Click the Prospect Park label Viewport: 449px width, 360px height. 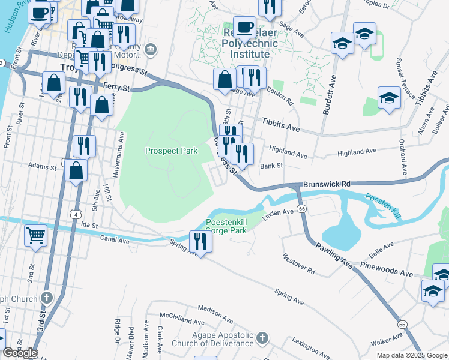coord(172,151)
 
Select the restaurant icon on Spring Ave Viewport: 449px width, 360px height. coord(200,241)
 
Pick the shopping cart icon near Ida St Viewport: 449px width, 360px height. coord(36,235)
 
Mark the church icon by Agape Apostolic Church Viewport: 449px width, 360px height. coord(261,339)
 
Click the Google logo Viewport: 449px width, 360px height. coord(20,353)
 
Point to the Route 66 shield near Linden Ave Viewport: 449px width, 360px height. coord(302,208)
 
